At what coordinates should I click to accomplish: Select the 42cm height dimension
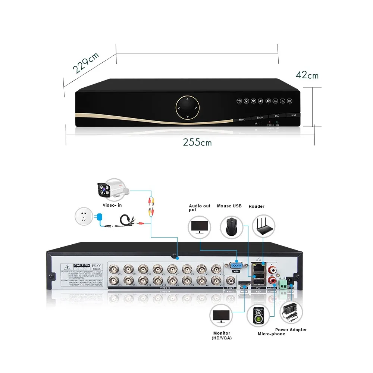307,75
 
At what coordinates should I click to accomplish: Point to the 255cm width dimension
197,142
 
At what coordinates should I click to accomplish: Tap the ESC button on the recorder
277,116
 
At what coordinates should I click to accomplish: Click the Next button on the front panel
293,115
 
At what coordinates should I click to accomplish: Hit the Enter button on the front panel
260,117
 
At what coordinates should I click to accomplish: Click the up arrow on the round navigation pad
188,100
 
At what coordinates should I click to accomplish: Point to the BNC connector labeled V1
215,269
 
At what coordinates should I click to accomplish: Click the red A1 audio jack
275,269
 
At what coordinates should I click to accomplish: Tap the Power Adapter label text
291,330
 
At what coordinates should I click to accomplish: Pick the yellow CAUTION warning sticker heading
82,265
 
